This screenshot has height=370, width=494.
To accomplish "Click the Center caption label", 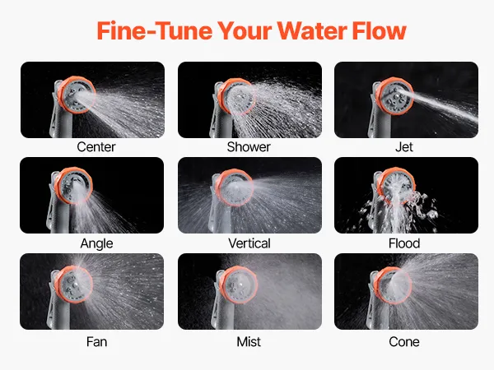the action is point(96,147).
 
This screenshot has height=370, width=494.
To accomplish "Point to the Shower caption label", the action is point(249,147).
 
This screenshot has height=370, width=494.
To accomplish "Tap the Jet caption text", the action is point(404,147).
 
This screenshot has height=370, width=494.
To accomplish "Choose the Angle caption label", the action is point(96,243).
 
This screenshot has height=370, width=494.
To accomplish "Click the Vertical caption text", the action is point(249,243).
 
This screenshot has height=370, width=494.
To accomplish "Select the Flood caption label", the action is point(404,243).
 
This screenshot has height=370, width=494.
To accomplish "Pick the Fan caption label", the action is point(96,342).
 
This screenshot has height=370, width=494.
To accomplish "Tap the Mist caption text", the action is point(249,342).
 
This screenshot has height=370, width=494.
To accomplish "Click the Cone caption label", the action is point(404,342).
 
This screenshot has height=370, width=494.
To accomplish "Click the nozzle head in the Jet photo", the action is point(395,96).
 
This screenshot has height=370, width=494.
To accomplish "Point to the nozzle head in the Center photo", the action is point(77,95).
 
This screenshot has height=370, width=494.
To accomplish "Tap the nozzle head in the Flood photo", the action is point(396,186).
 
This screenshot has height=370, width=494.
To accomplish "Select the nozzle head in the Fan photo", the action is point(74,284).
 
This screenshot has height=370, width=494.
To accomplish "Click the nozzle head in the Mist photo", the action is point(238,284).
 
